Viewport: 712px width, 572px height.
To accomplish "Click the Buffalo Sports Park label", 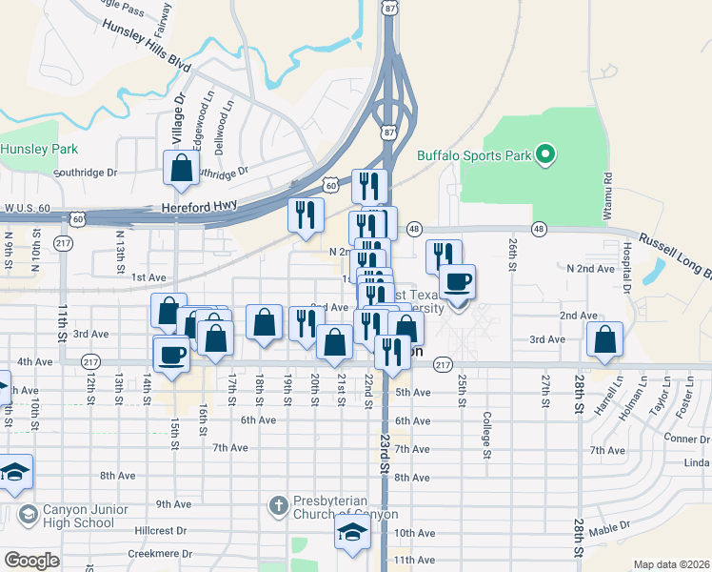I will pyautogui.click(x=473, y=155).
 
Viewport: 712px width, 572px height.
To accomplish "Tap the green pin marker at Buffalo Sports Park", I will pyautogui.click(x=544, y=153).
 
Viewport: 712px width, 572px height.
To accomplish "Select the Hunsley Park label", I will pyautogui.click(x=38, y=149).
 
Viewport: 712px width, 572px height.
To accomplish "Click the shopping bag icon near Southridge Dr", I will pyautogui.click(x=181, y=169).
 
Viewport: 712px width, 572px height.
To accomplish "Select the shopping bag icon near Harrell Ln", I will pyautogui.click(x=604, y=340).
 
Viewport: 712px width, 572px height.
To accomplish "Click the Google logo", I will pyautogui.click(x=31, y=561).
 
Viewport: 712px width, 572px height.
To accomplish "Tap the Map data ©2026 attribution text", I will pyautogui.click(x=671, y=564).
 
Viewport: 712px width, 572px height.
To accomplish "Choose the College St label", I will pyautogui.click(x=486, y=435).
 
